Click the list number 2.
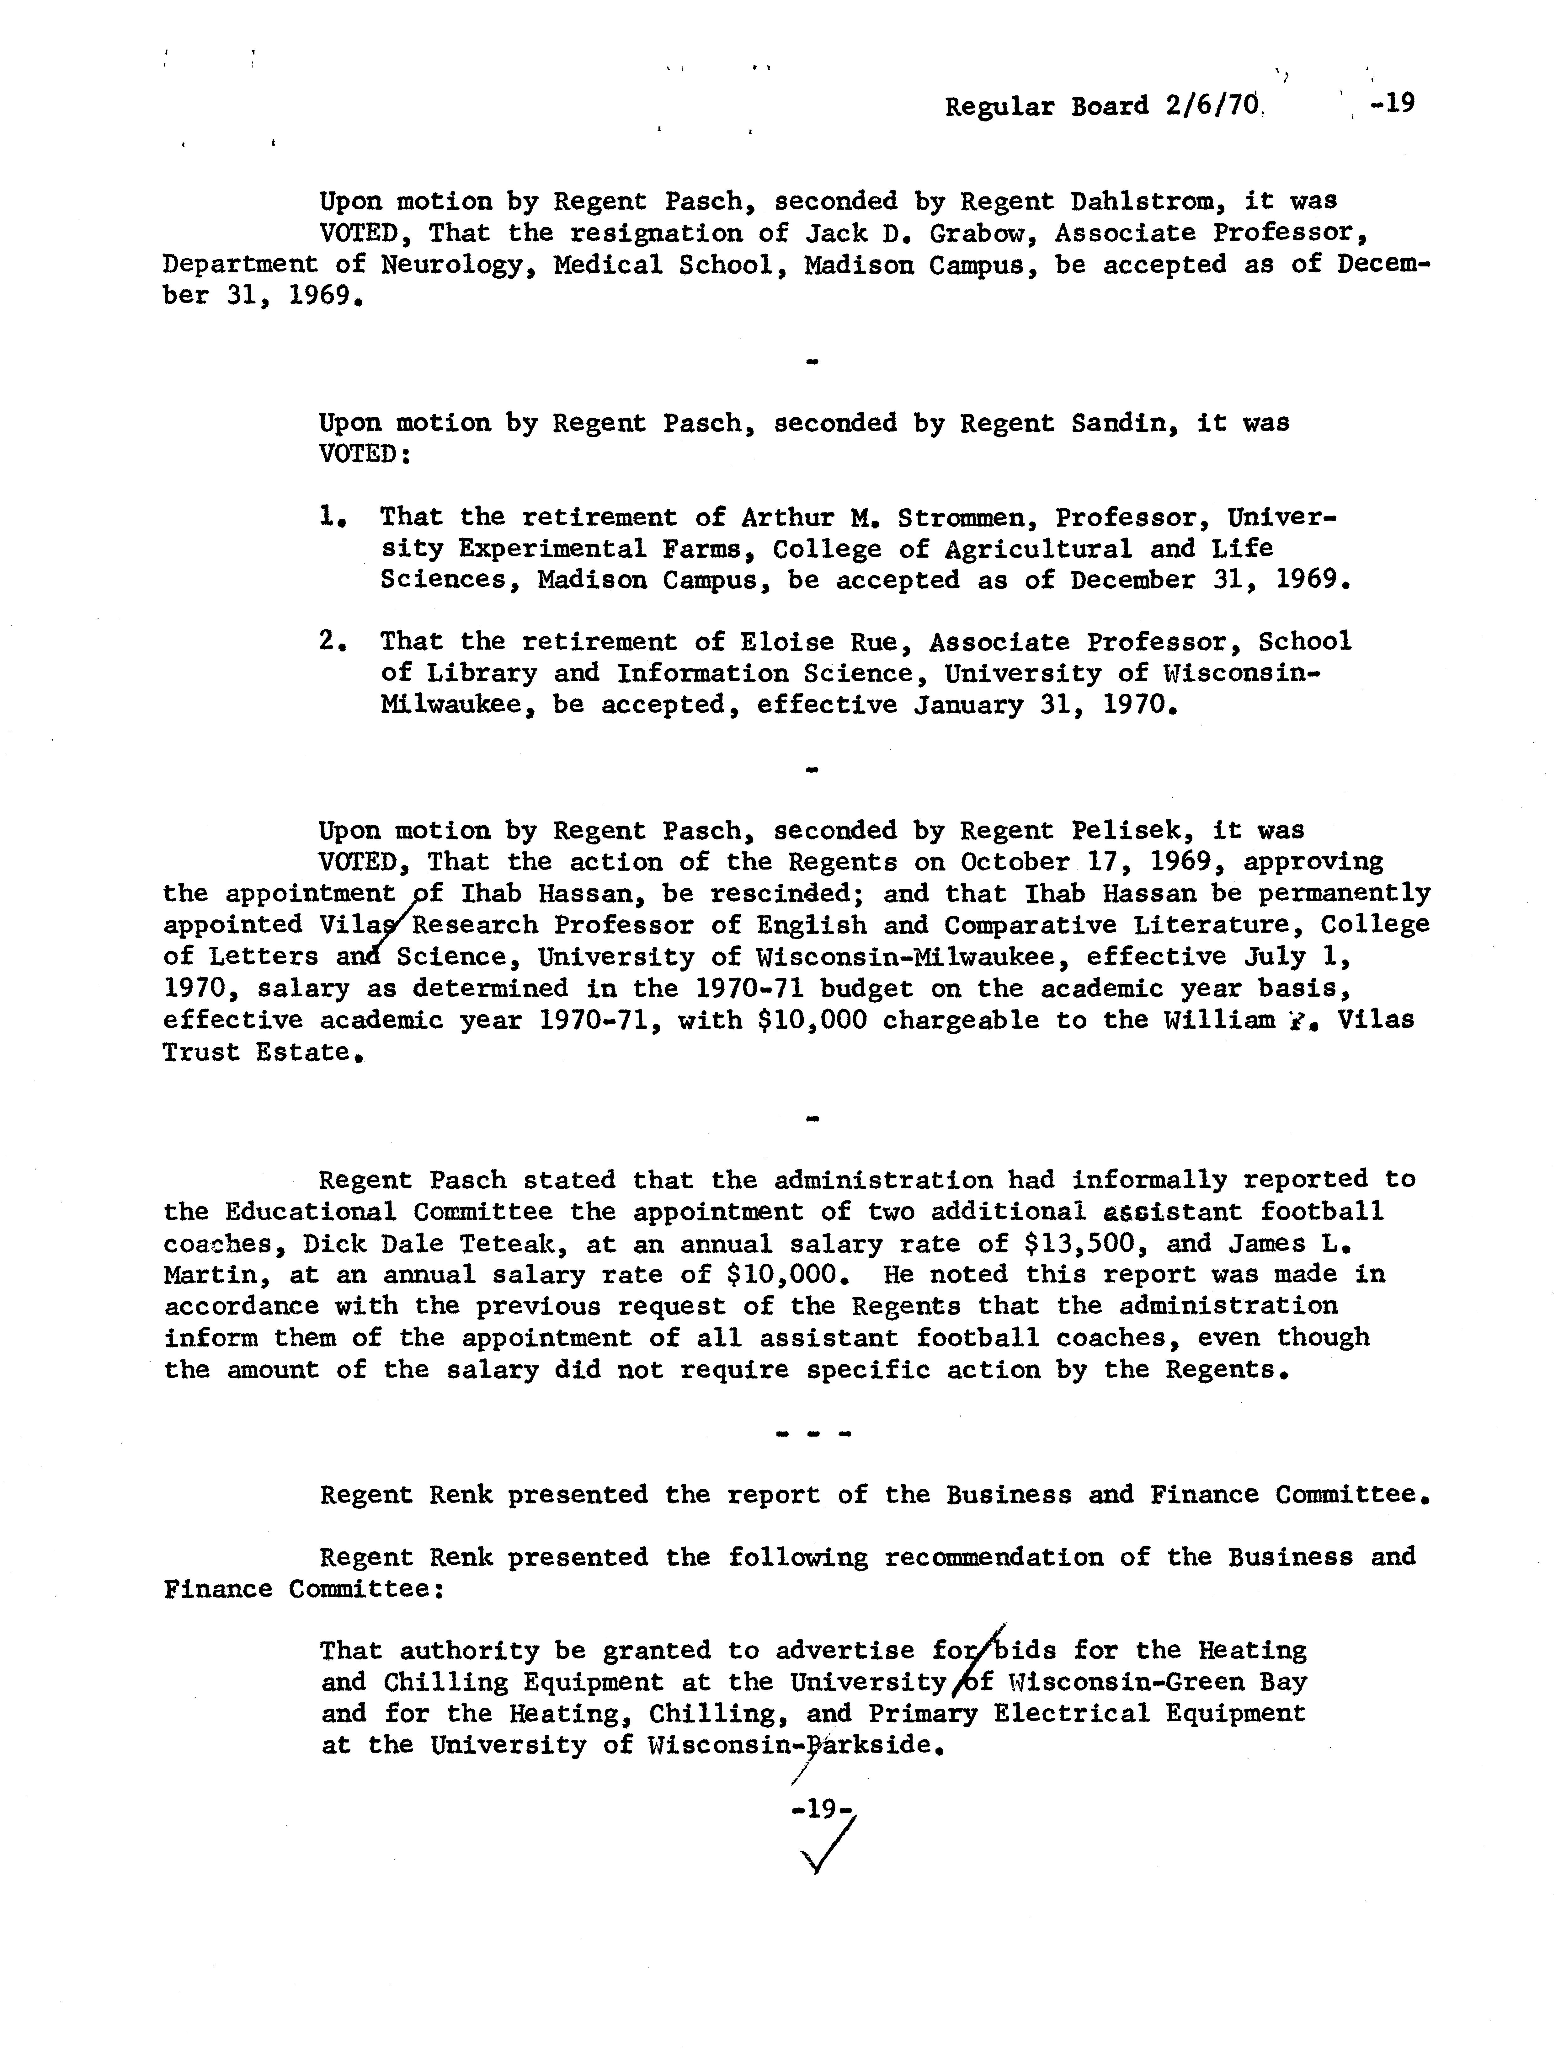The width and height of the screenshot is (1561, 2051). click(x=330, y=641)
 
